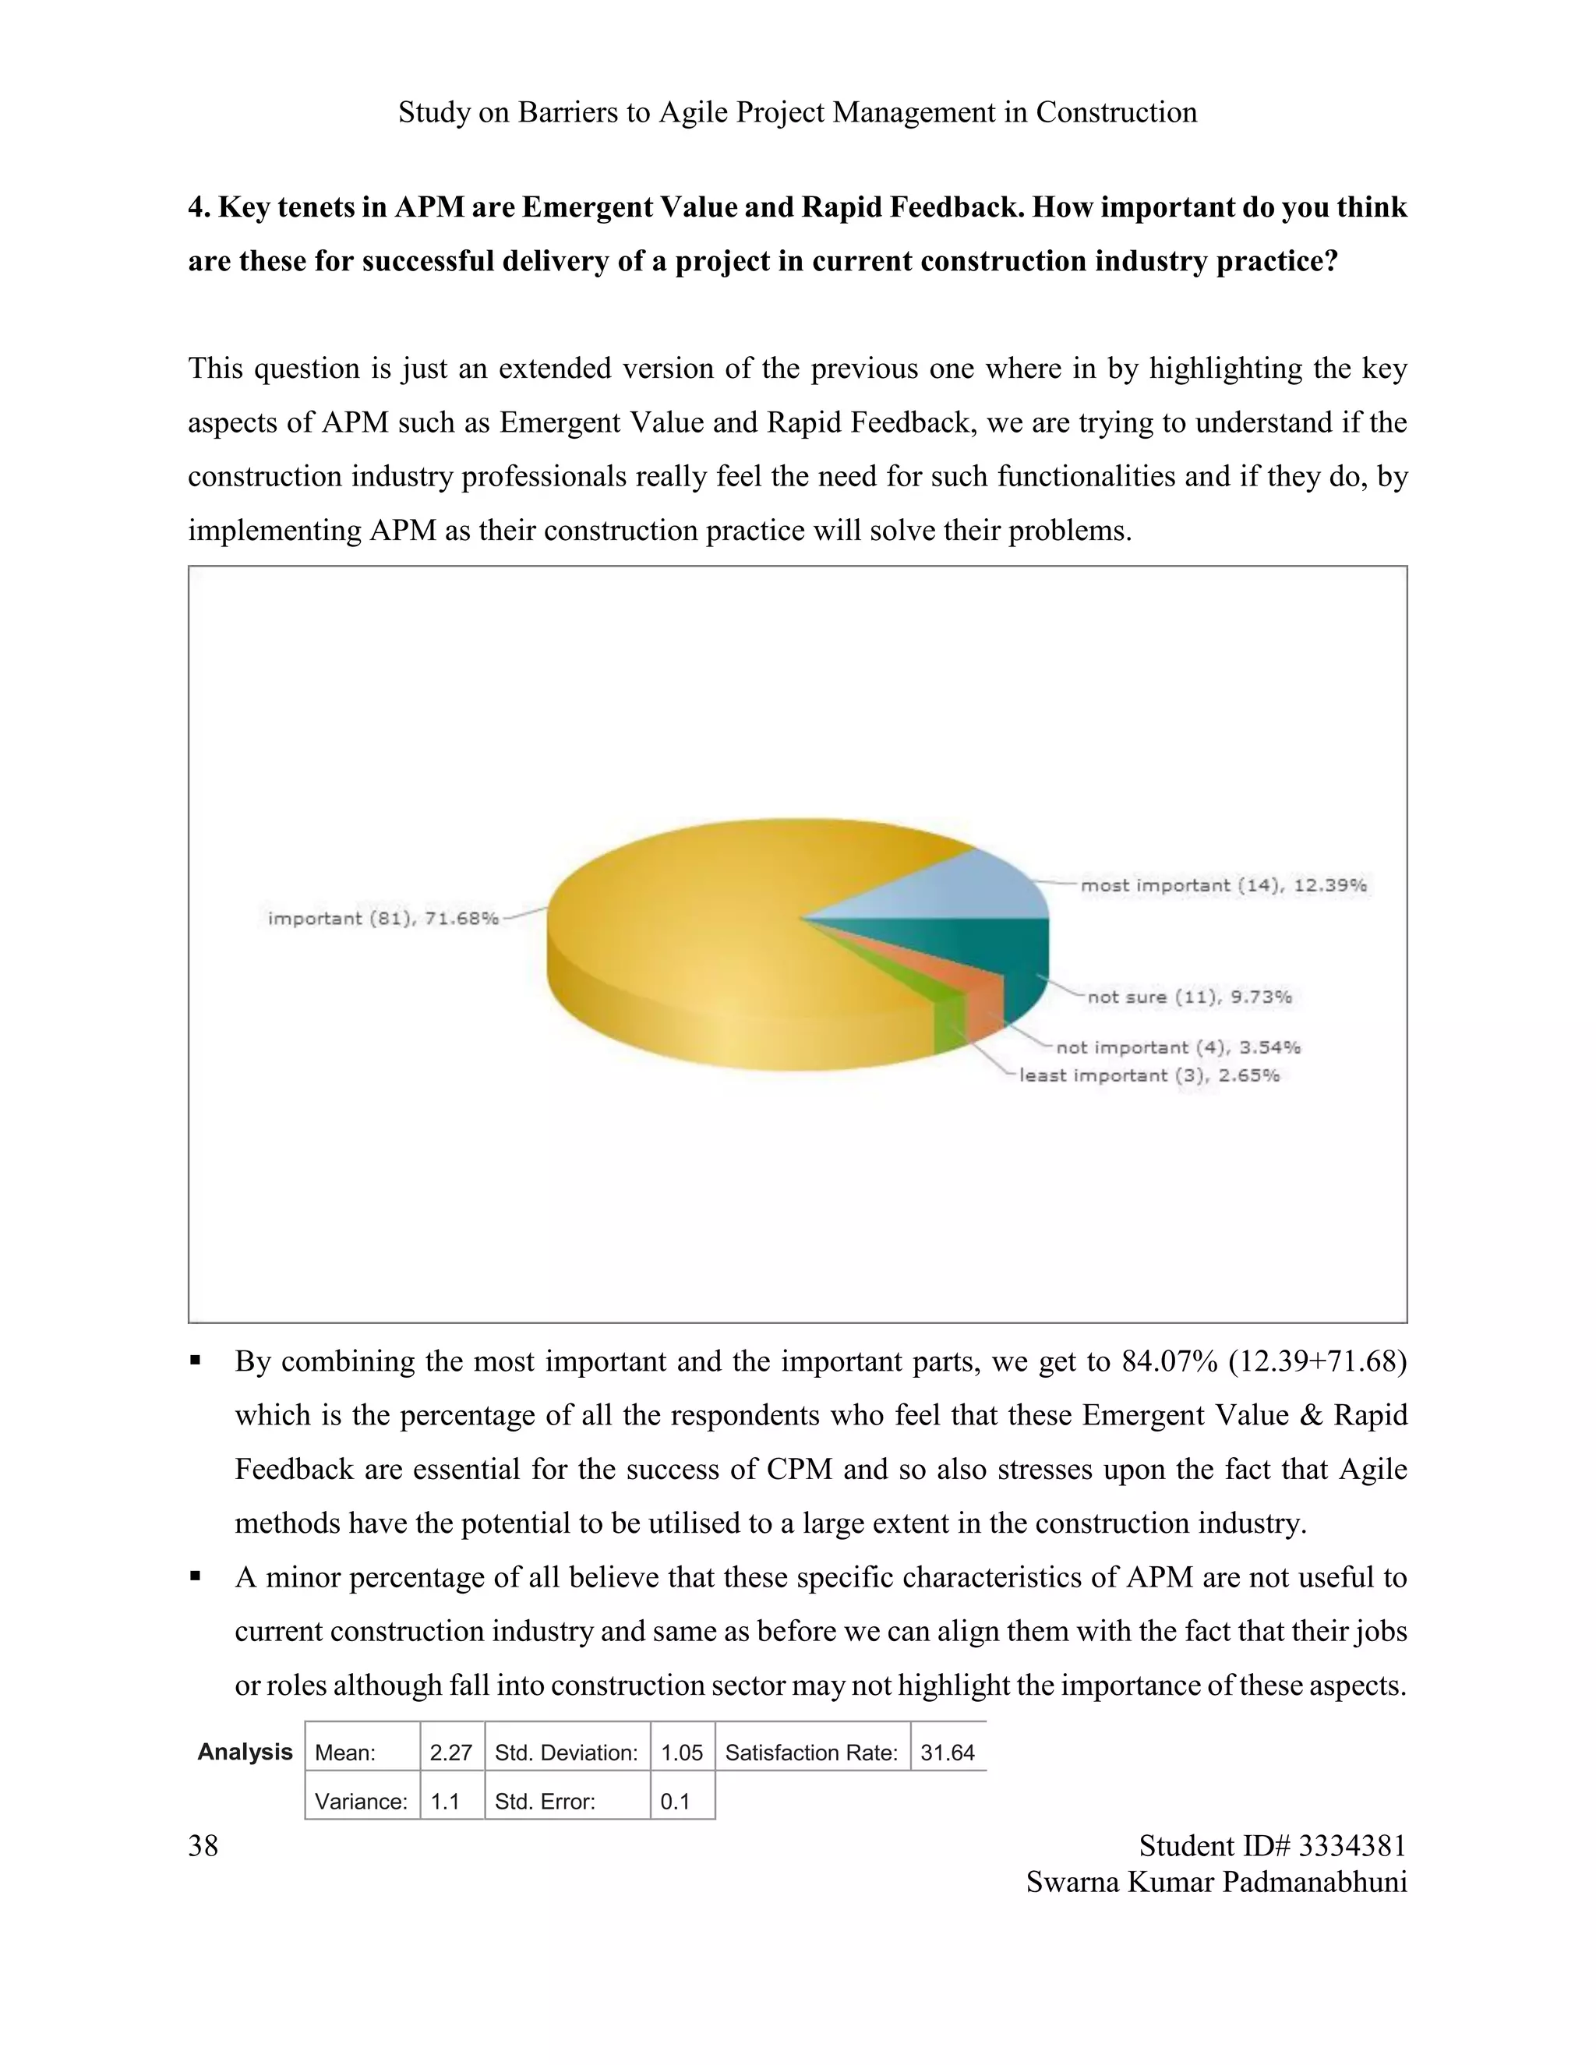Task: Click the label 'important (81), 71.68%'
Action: click(x=383, y=918)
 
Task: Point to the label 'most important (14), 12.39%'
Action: click(x=1223, y=885)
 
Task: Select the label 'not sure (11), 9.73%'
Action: click(x=1189, y=997)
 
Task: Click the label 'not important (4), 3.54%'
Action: click(x=1178, y=1047)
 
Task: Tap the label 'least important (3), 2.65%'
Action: click(x=1149, y=1075)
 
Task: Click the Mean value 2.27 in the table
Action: click(x=451, y=1753)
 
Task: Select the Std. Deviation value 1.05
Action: click(x=682, y=1753)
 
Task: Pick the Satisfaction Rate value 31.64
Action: click(x=948, y=1753)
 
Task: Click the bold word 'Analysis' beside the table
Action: click(x=245, y=1752)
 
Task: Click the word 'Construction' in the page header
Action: click(x=1117, y=112)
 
